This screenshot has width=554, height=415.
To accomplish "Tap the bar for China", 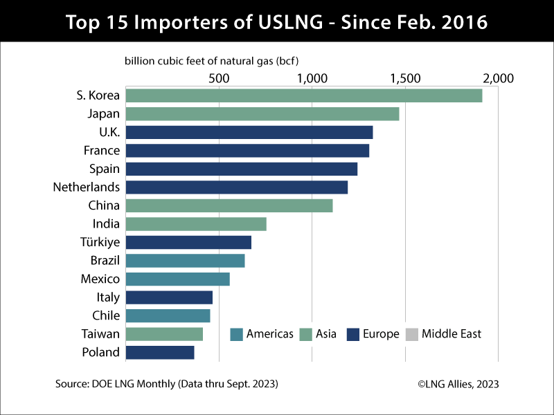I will point(229,205).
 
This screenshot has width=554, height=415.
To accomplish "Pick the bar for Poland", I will point(159,352).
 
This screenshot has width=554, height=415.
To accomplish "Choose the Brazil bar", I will point(185,261).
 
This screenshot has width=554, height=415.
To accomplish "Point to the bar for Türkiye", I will point(188,242).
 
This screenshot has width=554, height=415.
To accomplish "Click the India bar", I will point(195,224).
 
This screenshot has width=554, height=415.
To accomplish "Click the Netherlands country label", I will point(87,187).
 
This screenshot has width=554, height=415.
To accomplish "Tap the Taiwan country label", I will point(101,334).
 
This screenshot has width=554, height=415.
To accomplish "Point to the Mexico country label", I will point(100,279).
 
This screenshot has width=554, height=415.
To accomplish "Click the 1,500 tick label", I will point(405,78).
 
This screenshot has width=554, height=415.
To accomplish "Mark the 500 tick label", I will point(219,78).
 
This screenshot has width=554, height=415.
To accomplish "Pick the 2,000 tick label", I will point(498,78).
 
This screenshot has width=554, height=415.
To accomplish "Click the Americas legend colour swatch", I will point(236,334).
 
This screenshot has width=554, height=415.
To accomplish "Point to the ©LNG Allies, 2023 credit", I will point(457,383).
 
